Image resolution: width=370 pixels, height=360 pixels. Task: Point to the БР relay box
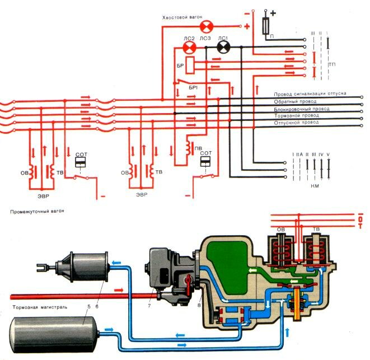[190, 64]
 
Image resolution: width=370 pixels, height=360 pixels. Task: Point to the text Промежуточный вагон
[34, 212]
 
